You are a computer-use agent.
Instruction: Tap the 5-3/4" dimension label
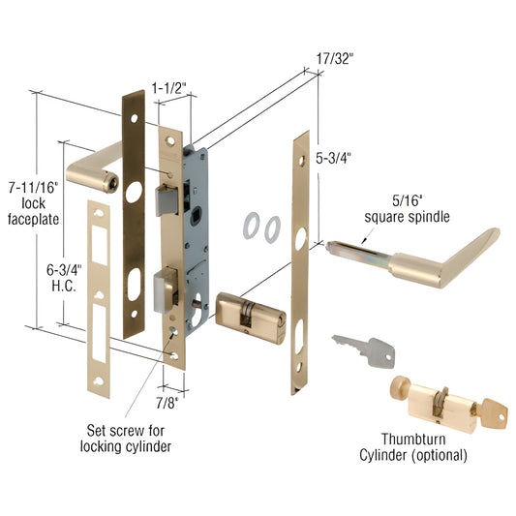coord(333,155)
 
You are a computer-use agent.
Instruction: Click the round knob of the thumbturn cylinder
coord(399,391)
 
